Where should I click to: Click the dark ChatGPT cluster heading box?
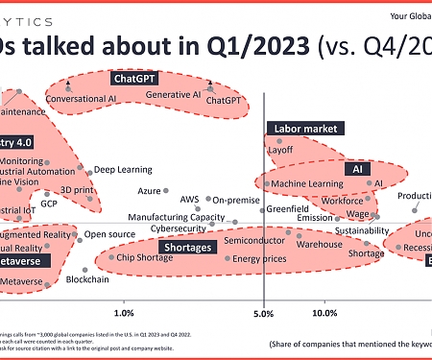[x=135, y=79]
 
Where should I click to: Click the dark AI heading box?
[x=356, y=168]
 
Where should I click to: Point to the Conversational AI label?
[x=82, y=98]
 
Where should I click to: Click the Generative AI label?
[x=174, y=95]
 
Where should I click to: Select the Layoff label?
[x=281, y=150]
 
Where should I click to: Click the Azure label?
[x=149, y=190]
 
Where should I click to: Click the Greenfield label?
[x=287, y=208]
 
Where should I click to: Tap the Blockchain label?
[x=113, y=278]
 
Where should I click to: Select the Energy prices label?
[x=259, y=257]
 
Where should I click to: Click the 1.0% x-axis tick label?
[x=123, y=313]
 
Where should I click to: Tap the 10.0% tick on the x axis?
[x=324, y=313]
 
